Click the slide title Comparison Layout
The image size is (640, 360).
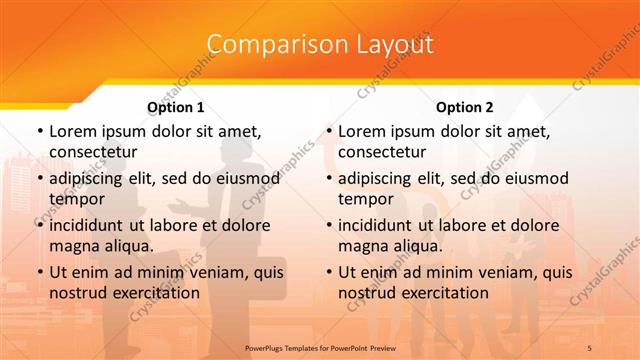320,44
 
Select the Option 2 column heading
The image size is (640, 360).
464,107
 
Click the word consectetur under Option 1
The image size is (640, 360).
93,152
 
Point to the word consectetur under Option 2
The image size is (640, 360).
382,152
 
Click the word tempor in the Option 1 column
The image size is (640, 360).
74,198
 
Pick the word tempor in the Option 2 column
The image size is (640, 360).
363,198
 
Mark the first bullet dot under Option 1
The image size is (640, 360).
39,131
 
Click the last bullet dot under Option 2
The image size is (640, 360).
328,272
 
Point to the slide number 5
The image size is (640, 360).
589,346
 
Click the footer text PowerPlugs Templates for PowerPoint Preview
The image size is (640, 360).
320,346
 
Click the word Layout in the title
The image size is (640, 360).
395,44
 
